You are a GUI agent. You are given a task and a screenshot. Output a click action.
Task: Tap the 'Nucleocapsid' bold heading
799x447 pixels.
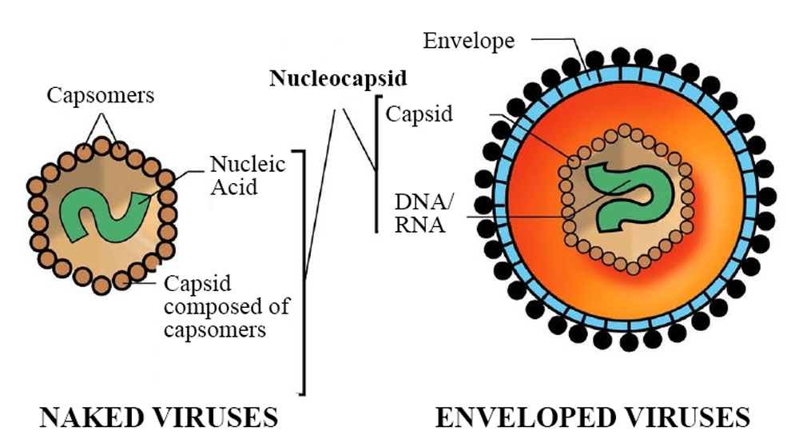click(338, 78)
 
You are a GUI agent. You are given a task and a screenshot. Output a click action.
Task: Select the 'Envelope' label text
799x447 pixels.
click(469, 41)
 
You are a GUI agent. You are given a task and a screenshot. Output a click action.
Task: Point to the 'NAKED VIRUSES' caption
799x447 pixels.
click(159, 417)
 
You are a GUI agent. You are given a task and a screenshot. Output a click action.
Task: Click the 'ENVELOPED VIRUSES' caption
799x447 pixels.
click(592, 417)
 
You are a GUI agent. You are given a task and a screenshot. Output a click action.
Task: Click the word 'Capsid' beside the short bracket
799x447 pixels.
click(419, 114)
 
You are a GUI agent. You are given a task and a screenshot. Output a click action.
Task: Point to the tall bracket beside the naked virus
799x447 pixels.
click(303, 272)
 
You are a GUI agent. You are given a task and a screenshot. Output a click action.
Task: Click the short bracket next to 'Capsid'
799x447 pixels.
click(376, 164)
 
